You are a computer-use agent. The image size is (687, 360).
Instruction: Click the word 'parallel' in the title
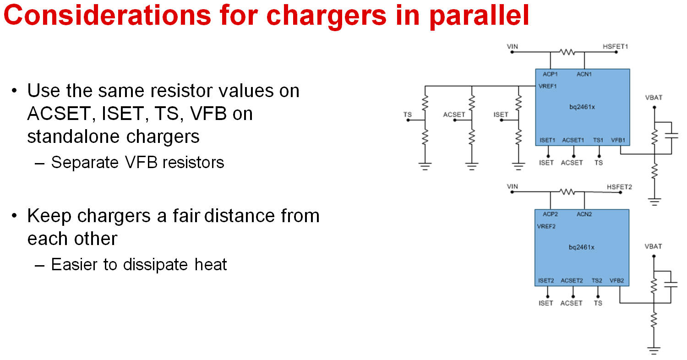coord(480,16)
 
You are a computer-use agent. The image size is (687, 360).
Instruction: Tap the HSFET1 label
coord(615,46)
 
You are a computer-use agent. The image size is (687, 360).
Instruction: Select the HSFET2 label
coord(619,187)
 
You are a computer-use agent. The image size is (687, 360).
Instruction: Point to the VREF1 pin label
coord(547,86)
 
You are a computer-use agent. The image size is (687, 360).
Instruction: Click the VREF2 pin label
coord(546,226)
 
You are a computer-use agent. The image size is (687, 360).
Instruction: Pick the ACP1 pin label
coord(550,74)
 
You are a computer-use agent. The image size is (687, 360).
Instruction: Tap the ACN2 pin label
coord(584,214)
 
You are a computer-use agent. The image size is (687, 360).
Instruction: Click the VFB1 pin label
coord(618,140)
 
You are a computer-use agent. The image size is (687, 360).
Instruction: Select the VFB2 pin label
coord(616,281)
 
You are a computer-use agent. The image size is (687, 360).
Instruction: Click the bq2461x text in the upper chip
coord(582,107)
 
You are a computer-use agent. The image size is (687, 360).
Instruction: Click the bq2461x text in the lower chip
coord(582,247)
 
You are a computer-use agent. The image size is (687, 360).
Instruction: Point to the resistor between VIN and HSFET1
coord(567,52)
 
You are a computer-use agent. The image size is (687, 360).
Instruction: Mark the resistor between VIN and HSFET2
coord(567,192)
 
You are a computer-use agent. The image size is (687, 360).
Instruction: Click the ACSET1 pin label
coord(573,140)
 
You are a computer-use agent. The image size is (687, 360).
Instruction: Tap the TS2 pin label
coord(597,281)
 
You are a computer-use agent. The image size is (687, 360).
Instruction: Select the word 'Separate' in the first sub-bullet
coord(85,163)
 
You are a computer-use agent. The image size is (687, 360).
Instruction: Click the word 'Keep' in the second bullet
coord(49,216)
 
